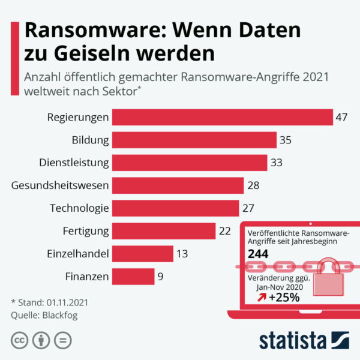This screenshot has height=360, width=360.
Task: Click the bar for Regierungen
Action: click(222, 117)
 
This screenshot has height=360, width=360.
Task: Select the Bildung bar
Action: click(194, 140)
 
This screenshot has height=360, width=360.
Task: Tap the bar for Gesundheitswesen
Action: click(178, 185)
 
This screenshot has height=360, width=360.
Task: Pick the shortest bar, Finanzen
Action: click(133, 277)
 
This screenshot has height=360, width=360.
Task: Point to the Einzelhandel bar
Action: click(143, 254)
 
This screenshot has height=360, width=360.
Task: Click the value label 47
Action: click(342, 117)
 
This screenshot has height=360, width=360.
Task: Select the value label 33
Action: click(276, 163)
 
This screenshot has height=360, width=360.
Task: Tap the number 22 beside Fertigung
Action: click(224, 231)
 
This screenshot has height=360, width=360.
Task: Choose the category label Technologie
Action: click(79, 208)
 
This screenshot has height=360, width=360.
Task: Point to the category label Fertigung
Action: click(86, 231)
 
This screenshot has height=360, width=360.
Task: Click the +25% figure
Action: click(284, 298)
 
